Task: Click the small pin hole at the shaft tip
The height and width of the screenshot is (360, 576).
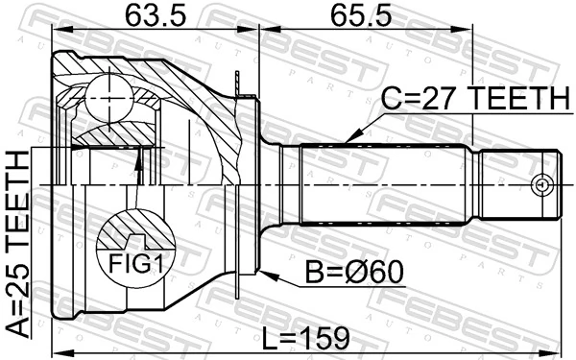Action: pyautogui.click(x=542, y=182)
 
